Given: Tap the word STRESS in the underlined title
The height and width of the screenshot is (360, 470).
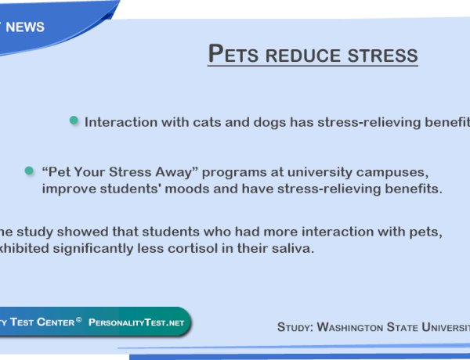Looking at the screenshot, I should point(382,56).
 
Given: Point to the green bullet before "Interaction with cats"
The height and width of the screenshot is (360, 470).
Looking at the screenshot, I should point(74,121).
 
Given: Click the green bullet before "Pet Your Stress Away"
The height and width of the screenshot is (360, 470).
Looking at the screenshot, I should point(29,170).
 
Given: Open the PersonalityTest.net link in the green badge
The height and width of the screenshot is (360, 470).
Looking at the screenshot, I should point(137,322).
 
